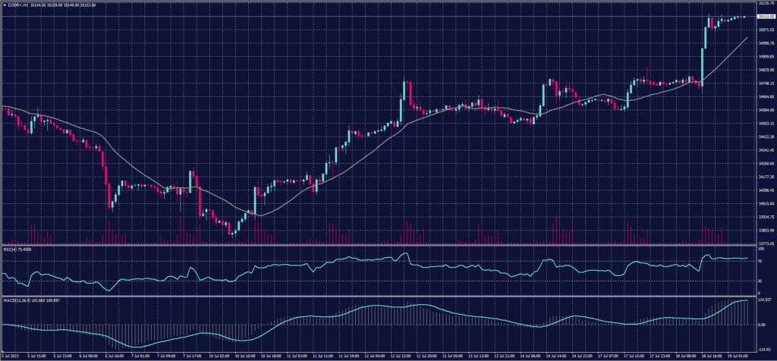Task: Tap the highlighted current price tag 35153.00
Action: tap(761, 16)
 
